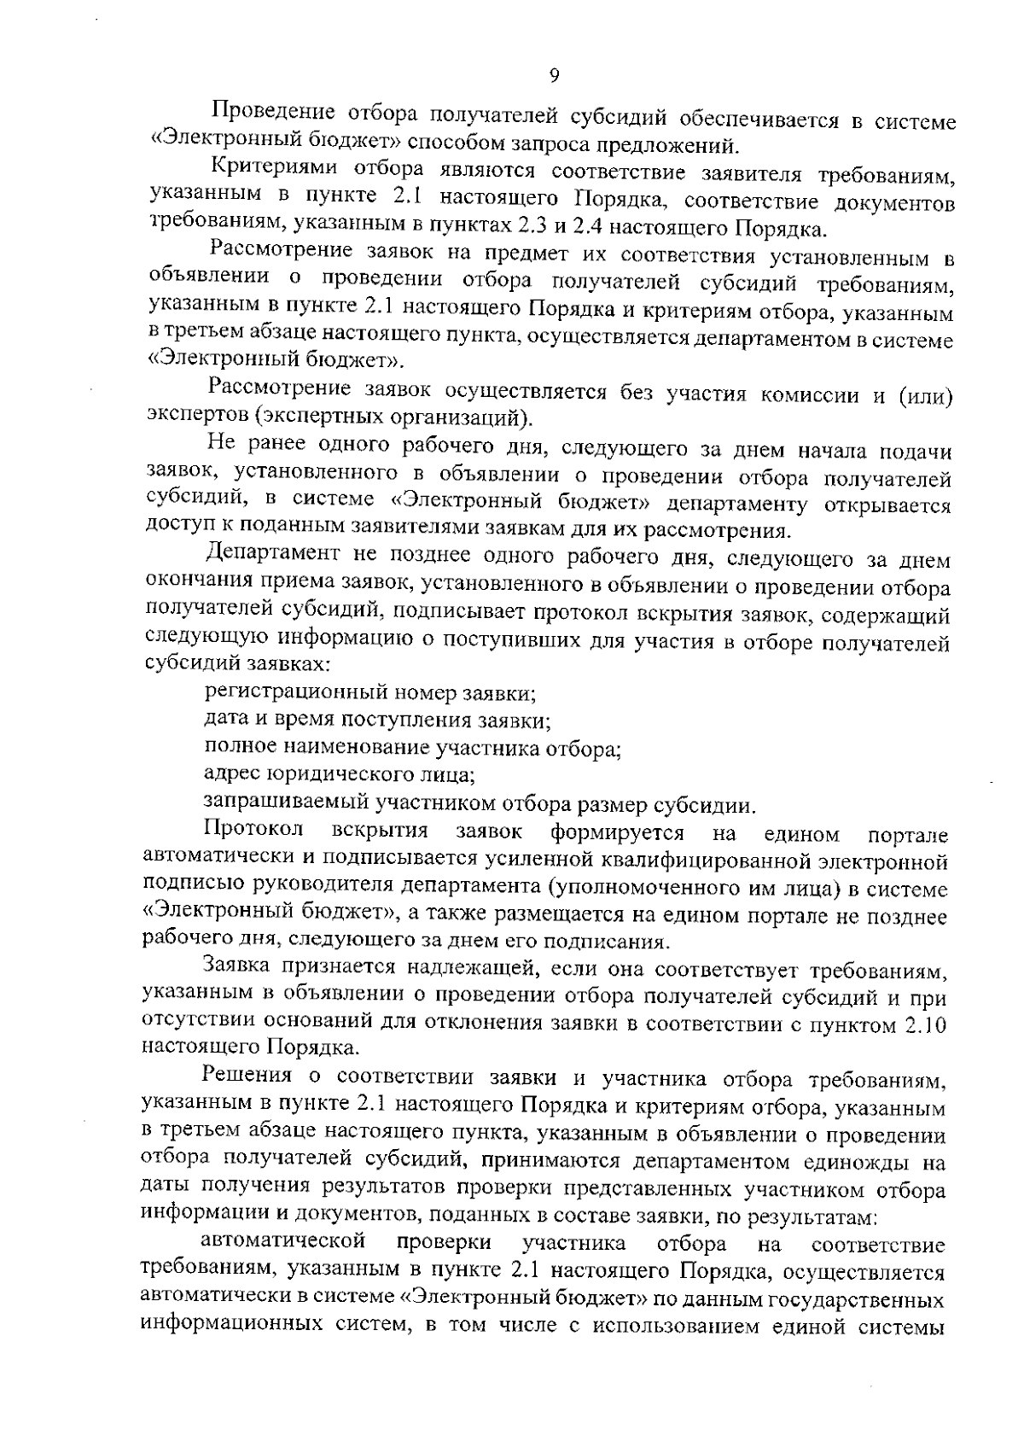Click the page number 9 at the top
[554, 77]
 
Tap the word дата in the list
[225, 721]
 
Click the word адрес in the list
[231, 776]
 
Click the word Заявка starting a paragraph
[238, 967]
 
